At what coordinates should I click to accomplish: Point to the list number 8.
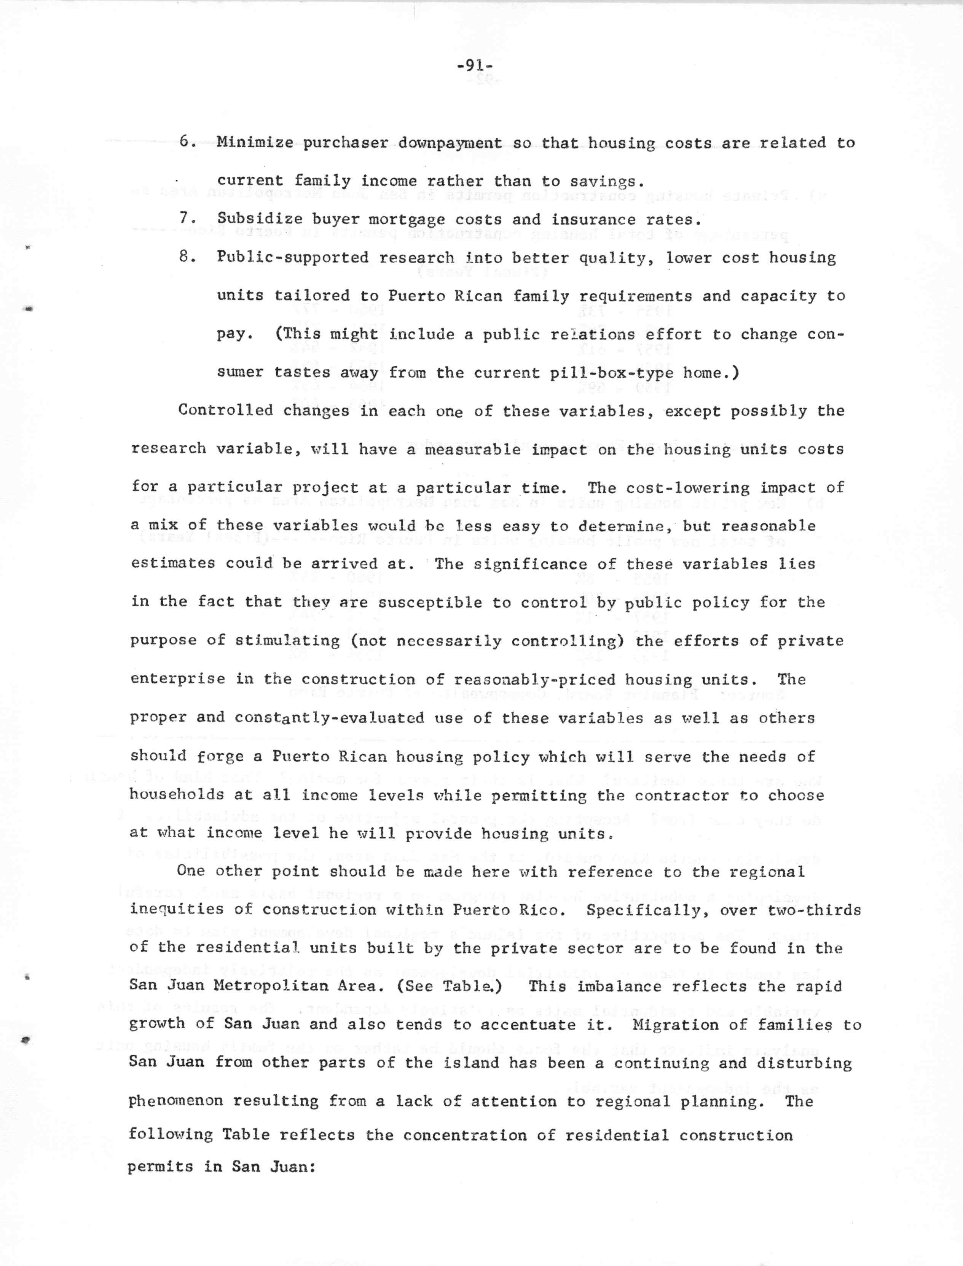[x=185, y=257]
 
